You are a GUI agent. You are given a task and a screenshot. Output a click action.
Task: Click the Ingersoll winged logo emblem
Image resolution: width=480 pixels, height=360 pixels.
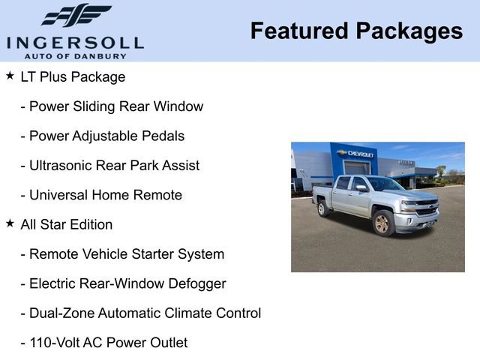tap(76, 15)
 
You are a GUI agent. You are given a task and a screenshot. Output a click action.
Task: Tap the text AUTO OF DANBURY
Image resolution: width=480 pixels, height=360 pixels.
tap(75, 55)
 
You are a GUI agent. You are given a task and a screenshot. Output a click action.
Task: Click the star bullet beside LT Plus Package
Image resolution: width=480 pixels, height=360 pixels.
tap(10, 76)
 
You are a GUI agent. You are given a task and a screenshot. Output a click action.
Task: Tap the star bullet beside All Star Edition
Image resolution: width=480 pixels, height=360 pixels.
tap(10, 223)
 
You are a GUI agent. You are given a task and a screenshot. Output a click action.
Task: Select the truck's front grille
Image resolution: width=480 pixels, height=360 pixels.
tap(425, 208)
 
